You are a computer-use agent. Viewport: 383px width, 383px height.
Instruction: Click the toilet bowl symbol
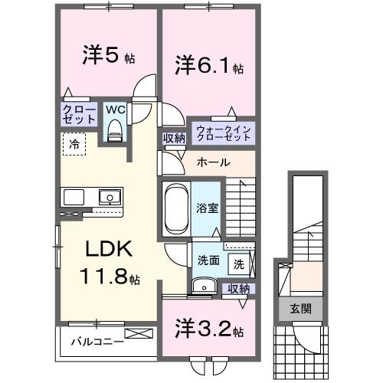(116, 131)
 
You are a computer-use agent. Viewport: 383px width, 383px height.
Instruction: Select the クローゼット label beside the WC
(79, 115)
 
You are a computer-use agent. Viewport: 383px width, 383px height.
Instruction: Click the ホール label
(212, 162)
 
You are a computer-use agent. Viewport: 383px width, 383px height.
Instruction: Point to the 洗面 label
(208, 260)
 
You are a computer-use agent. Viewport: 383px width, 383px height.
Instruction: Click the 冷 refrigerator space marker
(74, 142)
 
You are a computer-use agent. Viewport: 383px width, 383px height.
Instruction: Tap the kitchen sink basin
(110, 197)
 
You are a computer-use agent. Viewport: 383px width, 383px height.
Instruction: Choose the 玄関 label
(300, 309)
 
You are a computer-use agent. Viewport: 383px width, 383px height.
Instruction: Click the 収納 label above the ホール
(173, 138)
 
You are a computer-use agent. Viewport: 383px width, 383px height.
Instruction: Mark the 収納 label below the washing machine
(238, 289)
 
